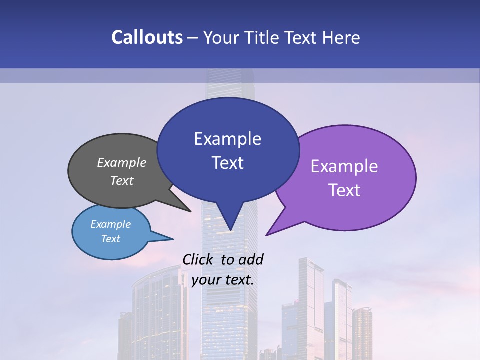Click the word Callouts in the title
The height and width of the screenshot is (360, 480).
point(147,38)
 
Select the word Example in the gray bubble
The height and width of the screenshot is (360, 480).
point(122,162)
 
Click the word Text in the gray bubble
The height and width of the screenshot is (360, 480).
point(122,180)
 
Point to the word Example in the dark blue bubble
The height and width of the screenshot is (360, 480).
point(227,139)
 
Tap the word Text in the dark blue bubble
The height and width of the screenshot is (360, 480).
point(227,163)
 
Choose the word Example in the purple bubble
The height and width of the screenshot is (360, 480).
point(344,166)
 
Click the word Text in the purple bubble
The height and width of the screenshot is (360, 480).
point(344,190)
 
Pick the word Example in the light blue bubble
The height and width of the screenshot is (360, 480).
point(110,224)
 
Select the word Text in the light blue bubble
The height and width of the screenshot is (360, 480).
point(110,239)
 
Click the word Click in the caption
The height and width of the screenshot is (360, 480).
point(198,259)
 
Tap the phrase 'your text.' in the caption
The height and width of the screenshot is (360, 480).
point(223,280)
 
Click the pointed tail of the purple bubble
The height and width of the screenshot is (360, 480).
point(267,234)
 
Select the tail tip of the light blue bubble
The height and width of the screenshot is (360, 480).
point(172,239)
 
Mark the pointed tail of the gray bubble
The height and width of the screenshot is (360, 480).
point(190,211)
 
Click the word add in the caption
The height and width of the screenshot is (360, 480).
point(251,259)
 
